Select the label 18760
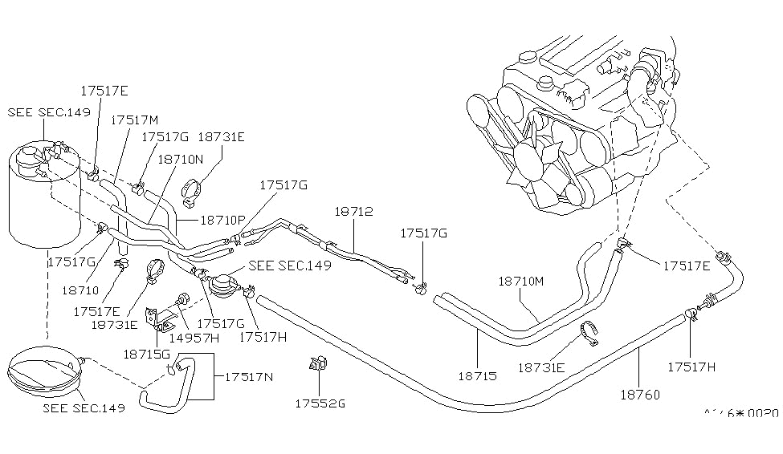639,394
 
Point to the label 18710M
521,282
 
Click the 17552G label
319,403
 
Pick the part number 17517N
250,376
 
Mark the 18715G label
147,354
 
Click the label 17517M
134,120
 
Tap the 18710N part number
182,160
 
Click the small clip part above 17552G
316,364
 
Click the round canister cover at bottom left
42,371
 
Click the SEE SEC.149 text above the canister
49,111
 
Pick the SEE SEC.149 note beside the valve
290,266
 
